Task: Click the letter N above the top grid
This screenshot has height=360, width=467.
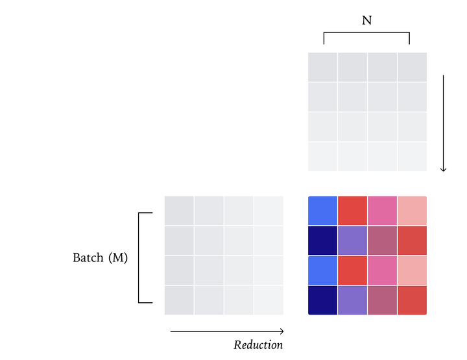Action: [x=366, y=20]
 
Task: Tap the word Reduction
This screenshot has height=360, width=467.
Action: [x=258, y=345]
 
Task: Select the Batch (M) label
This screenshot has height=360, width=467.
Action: [x=100, y=258]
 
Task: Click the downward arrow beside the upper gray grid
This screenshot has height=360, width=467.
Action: [x=444, y=123]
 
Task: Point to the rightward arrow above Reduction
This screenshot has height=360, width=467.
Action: [x=227, y=331]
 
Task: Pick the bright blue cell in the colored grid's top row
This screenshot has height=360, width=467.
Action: [x=323, y=211]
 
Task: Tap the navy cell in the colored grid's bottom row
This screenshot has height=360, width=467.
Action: [x=323, y=300]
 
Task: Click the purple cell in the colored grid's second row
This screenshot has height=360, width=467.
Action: [x=353, y=241]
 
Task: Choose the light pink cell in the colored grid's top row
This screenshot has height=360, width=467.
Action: [x=413, y=211]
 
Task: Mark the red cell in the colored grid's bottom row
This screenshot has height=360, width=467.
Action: [x=413, y=300]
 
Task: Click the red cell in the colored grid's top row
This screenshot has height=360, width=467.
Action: [x=353, y=211]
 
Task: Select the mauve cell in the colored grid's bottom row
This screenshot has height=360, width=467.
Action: [x=383, y=300]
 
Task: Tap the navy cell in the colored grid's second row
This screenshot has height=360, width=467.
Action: [x=323, y=241]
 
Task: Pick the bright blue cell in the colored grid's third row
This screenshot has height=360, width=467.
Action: [x=323, y=270]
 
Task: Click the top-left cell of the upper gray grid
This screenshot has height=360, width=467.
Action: [x=323, y=67]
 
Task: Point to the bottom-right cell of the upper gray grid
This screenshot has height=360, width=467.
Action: [x=413, y=157]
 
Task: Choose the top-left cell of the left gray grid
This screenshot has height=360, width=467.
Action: [x=180, y=211]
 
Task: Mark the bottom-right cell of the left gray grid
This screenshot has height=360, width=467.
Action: [x=269, y=300]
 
